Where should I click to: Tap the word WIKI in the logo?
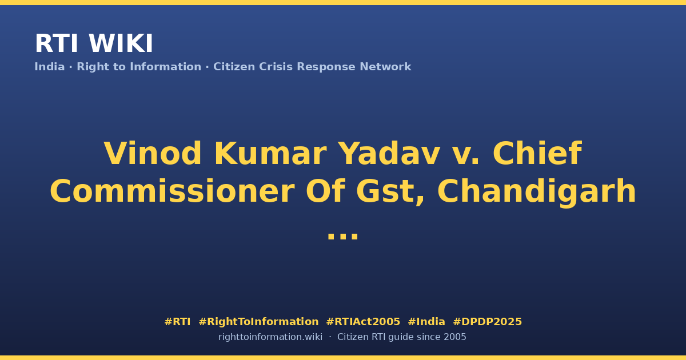121,43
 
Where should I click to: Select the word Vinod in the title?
153,153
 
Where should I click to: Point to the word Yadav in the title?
390,153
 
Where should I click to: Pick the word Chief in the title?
537,153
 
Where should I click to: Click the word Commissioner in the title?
172,191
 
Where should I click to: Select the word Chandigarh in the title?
537,191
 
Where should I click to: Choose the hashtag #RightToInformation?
258,322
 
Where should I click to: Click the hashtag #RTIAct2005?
363,322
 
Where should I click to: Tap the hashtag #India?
426,322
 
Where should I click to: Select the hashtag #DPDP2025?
487,322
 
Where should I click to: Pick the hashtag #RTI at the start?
177,322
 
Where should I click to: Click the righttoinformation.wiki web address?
270,337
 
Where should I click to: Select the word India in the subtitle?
50,67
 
